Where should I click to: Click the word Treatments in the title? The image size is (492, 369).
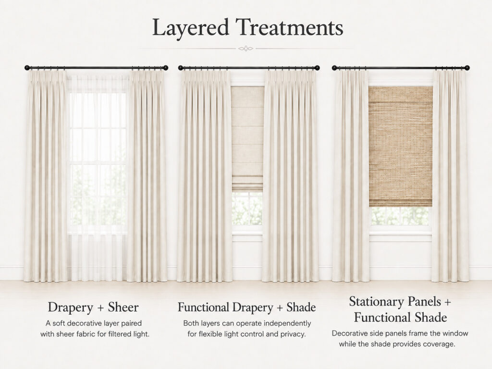(290, 27)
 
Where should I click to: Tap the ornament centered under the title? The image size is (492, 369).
(246, 49)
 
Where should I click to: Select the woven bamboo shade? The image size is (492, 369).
(400, 146)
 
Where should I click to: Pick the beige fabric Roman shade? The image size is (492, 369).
(247, 139)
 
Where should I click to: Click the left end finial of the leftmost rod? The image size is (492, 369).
(27, 68)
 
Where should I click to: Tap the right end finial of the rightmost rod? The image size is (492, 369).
(467, 68)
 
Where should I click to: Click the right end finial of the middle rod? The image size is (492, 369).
(317, 68)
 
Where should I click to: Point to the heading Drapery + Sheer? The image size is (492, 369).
(93, 307)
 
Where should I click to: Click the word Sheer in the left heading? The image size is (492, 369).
(123, 307)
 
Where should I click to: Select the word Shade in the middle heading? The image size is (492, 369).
(301, 307)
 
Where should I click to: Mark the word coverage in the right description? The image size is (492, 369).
(439, 344)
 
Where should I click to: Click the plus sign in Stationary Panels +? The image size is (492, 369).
(447, 302)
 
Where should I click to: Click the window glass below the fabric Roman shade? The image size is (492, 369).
(247, 209)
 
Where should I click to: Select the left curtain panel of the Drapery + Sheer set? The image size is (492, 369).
(46, 176)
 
